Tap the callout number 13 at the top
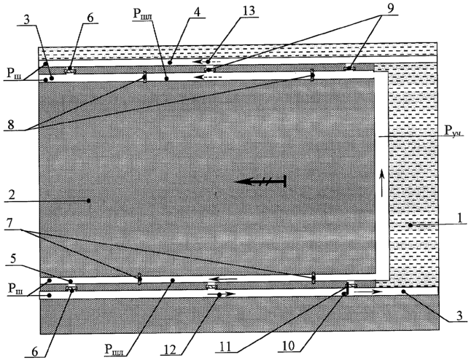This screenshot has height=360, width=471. point(248,11)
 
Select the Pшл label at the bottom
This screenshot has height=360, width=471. point(114,349)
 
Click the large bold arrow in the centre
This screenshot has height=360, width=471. point(260,181)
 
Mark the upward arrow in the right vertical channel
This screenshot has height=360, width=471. point(381,183)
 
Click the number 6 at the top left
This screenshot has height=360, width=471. point(90,17)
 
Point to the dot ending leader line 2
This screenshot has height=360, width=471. point(89,200)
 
